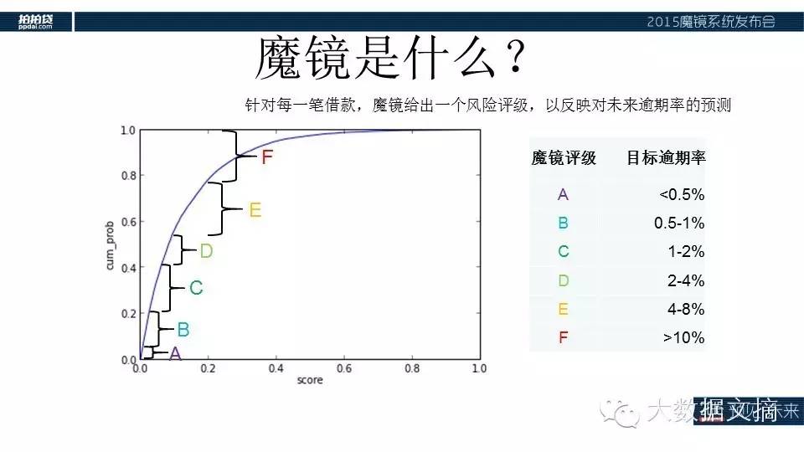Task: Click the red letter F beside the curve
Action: tap(267, 157)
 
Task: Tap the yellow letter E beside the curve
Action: tap(255, 210)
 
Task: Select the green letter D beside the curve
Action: tap(206, 250)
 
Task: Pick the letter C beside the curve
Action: tap(196, 288)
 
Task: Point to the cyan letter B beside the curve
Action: tap(183, 330)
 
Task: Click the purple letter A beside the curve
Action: tap(175, 354)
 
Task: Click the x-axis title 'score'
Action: tap(309, 381)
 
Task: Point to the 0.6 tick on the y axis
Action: tap(127, 223)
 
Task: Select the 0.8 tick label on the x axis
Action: tap(410, 368)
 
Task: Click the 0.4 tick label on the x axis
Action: tap(275, 368)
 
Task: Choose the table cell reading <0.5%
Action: tap(682, 195)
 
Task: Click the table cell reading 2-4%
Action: tap(686, 280)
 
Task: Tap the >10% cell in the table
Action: tap(683, 338)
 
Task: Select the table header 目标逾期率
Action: tap(666, 158)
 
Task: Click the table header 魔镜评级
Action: tap(564, 158)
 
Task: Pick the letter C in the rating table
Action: tap(563, 252)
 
